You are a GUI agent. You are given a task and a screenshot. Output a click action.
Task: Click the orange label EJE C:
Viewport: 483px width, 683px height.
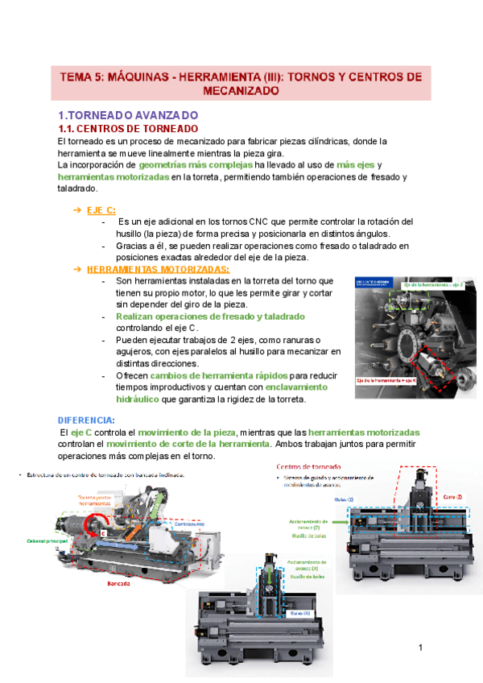point(101,210)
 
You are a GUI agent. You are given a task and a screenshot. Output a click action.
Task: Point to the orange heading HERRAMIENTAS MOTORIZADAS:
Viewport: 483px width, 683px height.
point(158,269)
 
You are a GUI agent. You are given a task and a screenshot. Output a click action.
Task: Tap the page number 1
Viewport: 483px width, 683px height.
point(420,648)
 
